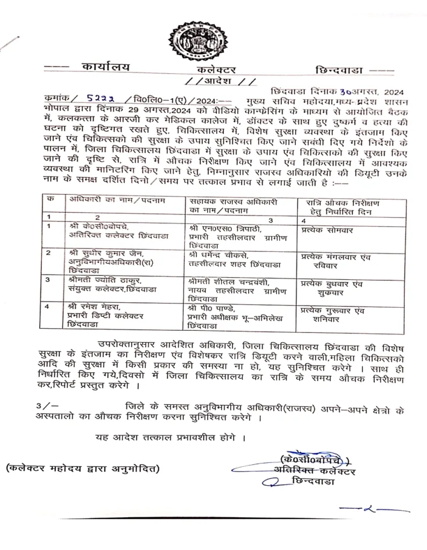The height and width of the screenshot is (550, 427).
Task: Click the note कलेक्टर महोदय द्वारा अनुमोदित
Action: click(83, 468)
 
